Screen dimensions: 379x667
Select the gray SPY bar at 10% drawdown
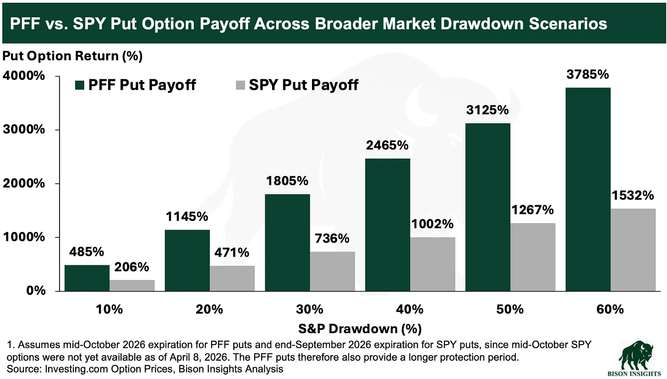(x=132, y=285)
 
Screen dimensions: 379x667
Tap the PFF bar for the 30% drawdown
(x=287, y=242)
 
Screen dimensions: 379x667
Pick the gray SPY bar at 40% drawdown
(x=433, y=264)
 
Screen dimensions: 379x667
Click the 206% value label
(x=132, y=267)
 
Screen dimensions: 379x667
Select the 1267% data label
(x=533, y=210)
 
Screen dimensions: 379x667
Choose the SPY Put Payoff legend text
(x=303, y=85)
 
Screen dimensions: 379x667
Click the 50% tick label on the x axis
(x=510, y=309)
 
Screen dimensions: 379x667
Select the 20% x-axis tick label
(x=209, y=309)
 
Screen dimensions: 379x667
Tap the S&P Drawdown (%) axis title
(x=361, y=329)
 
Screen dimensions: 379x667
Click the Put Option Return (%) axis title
(x=72, y=56)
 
